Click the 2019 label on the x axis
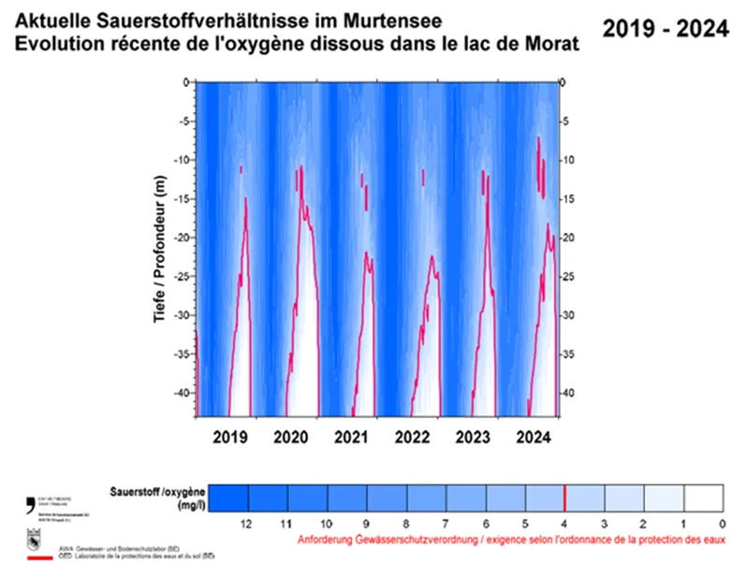[x=229, y=437]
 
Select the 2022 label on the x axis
[x=412, y=437]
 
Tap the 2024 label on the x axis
[x=533, y=437]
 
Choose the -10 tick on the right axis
[x=567, y=160]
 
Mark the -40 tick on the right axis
[x=567, y=393]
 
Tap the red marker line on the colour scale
[x=565, y=496]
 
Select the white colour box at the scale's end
[x=704, y=496]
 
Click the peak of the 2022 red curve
[x=432, y=255]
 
